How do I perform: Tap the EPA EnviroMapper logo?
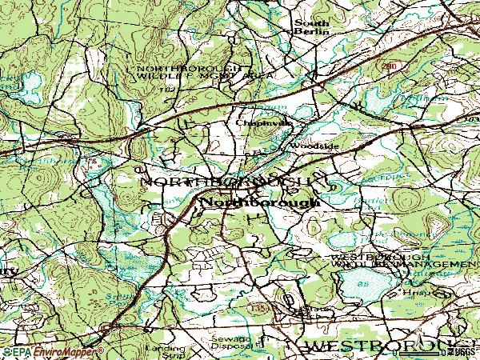52,351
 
